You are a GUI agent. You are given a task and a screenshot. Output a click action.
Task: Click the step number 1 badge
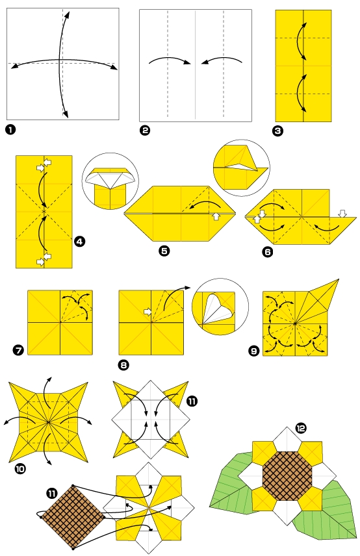click(10, 129)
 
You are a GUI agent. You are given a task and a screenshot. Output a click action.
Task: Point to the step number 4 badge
click(79, 242)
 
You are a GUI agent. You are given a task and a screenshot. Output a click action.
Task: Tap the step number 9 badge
click(253, 351)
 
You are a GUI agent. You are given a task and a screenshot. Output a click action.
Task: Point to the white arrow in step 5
click(216, 216)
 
